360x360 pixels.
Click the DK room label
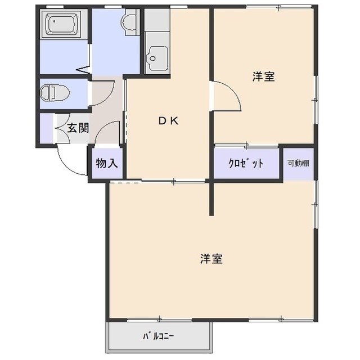pos(168,120)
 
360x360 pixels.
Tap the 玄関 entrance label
pos(78,128)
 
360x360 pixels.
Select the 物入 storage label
pos(106,164)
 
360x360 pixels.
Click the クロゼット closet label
pos(246,164)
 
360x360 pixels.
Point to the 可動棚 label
pos(298,164)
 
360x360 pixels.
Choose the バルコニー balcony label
pos(158,337)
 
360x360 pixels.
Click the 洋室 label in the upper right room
pos(263,77)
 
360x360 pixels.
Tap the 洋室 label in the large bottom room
pos(211,259)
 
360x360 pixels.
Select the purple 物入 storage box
pos(106,163)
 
